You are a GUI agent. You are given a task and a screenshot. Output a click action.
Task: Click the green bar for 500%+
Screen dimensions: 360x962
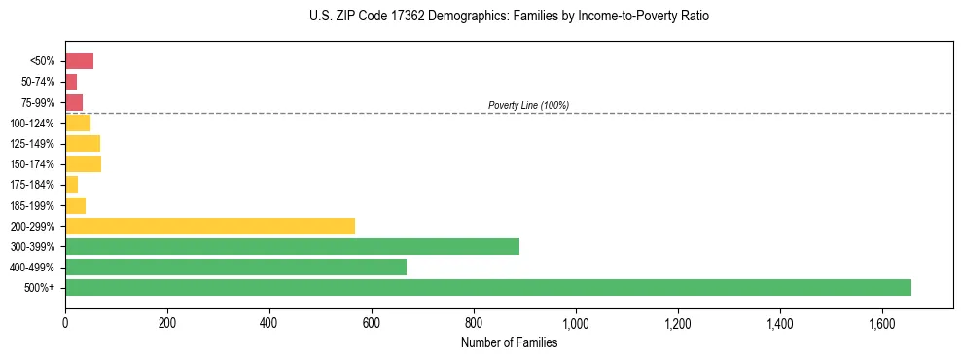pos(487,288)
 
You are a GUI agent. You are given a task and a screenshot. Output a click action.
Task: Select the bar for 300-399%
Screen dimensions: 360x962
pos(292,247)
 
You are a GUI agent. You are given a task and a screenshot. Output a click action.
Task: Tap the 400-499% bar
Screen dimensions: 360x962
pos(235,268)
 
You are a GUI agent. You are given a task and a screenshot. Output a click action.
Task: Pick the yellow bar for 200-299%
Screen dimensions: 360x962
pos(210,227)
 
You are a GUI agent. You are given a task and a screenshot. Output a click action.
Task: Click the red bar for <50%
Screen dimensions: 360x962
pos(79,61)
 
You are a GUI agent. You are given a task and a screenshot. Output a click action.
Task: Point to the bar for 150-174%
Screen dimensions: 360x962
pos(83,164)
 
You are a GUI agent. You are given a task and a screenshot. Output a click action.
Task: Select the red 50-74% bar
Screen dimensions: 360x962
pos(71,82)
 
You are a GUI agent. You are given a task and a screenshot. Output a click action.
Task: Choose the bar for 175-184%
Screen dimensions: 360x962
pos(71,185)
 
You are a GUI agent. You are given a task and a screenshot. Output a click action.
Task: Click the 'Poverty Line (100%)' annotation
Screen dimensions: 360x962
pos(528,105)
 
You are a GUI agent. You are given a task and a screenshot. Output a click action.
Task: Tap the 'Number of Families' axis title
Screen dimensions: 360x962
pos(509,342)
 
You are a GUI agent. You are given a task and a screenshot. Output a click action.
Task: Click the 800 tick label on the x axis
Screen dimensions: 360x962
pos(474,323)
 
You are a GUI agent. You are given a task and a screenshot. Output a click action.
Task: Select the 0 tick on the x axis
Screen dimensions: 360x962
pos(65,323)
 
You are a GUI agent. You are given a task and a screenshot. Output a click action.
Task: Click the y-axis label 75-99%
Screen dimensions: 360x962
pos(38,103)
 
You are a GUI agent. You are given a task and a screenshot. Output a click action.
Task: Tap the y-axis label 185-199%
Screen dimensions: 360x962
pos(33,206)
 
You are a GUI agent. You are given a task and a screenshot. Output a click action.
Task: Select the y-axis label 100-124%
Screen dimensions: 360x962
pos(33,124)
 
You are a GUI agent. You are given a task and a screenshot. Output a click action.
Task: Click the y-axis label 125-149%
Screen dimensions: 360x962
pos(33,144)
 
